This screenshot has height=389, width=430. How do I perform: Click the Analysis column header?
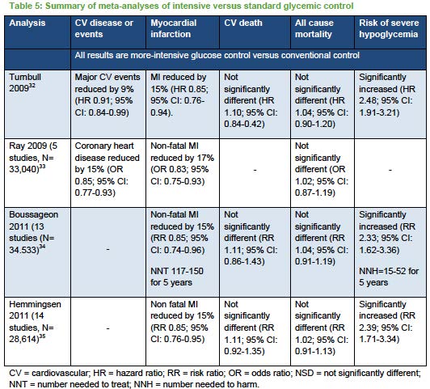coord(27,23)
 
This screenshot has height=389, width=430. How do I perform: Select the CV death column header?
coord(243,23)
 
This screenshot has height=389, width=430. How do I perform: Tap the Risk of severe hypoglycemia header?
coord(389,28)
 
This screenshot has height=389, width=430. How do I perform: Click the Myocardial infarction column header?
coord(173,28)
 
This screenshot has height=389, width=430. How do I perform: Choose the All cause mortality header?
coord(314,28)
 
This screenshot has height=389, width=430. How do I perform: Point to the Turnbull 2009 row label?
coord(25,82)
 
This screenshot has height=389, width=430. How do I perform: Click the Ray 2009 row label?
coord(33,158)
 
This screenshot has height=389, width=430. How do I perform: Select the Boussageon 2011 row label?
coord(33,232)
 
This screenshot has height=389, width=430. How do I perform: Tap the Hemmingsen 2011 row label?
coord(35,322)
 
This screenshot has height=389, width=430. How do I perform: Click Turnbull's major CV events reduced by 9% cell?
coord(107,95)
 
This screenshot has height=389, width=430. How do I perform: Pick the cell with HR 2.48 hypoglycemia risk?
coord(387,95)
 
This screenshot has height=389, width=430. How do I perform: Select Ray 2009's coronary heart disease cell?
coord(107,169)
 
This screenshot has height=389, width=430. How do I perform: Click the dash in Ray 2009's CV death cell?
coord(255,171)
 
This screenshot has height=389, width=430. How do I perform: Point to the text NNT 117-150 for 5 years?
coord(177,277)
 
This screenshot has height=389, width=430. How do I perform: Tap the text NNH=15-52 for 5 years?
coord(389,277)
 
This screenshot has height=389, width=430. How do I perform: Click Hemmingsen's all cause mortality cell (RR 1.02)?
coord(322,328)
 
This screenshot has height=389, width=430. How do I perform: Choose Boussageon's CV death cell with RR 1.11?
coord(251,238)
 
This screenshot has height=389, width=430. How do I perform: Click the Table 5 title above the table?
coord(181,6)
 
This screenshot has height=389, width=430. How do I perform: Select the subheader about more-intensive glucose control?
coord(217,56)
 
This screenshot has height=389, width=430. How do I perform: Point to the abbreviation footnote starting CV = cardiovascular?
coord(215,378)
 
